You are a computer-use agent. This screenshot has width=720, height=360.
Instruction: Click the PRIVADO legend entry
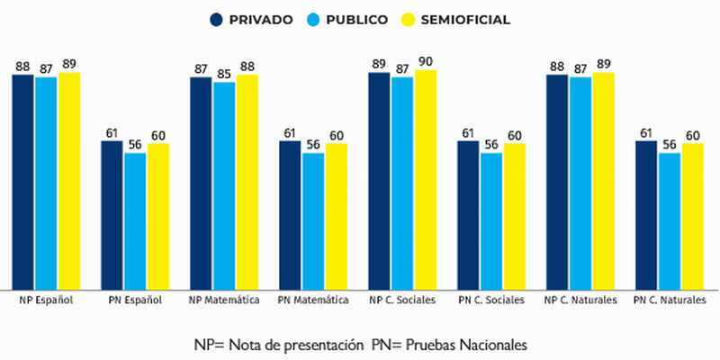[x=251, y=20]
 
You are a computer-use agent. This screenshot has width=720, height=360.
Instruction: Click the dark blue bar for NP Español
[x=23, y=180]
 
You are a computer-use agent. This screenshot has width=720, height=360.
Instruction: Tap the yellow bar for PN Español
[x=158, y=216]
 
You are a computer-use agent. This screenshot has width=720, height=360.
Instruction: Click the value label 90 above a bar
[x=425, y=61]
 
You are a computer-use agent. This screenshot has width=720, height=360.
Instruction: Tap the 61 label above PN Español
[x=112, y=133]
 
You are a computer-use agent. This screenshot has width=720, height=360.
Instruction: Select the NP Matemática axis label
[x=225, y=299]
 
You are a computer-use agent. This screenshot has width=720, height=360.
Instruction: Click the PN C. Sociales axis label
[x=491, y=299]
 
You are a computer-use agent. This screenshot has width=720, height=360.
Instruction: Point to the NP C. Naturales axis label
[x=580, y=299]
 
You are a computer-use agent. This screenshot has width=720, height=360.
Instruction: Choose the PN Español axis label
[x=136, y=299]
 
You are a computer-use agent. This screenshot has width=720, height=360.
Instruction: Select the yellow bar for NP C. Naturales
[x=603, y=180]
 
